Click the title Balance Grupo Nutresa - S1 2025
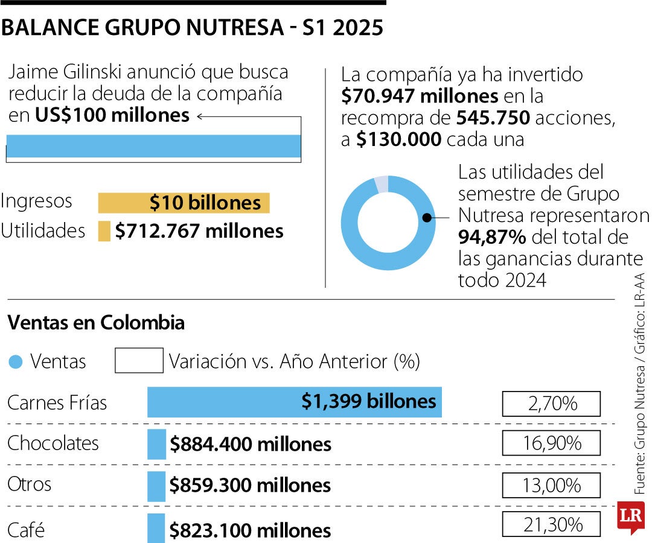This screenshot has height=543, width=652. [x=193, y=28]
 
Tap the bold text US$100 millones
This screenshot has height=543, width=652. [x=112, y=115]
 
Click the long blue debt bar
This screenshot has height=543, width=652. [x=153, y=146]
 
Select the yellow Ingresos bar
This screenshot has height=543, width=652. [x=184, y=203]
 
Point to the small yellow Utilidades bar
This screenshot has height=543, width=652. [x=104, y=231]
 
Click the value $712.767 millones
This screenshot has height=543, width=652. [x=199, y=231]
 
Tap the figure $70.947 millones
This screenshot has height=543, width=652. [x=420, y=95]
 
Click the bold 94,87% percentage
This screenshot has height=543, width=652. [x=492, y=237]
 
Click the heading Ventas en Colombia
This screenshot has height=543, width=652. [x=96, y=323]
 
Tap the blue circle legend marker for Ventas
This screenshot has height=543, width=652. [x=17, y=362]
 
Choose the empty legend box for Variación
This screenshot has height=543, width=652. [x=139, y=361]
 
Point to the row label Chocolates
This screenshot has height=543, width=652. [x=53, y=443]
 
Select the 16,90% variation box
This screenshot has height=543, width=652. [x=551, y=443]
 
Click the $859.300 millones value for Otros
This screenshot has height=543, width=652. [x=250, y=486]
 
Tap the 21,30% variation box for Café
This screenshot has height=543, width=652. [x=551, y=524]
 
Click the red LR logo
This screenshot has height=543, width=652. [x=631, y=517]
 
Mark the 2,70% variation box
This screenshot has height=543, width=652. [x=551, y=404]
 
